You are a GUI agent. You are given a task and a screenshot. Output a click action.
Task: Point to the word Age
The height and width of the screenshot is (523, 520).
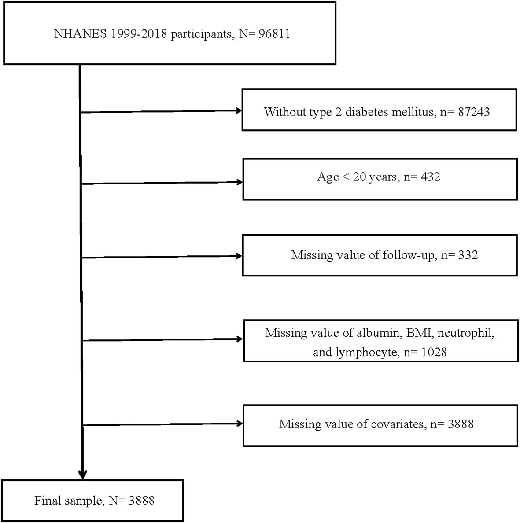click(x=328, y=177)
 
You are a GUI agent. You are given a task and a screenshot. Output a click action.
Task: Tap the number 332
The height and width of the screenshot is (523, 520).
click(x=468, y=255)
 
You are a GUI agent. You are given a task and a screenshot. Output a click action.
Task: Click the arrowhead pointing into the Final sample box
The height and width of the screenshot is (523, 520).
click(x=82, y=475)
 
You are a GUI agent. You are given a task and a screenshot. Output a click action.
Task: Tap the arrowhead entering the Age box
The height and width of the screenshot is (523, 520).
click(x=240, y=182)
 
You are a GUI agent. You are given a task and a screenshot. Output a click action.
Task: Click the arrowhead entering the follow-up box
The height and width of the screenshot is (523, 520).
click(x=240, y=256)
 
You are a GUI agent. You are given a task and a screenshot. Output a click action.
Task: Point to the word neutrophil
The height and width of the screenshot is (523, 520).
click(x=468, y=333)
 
